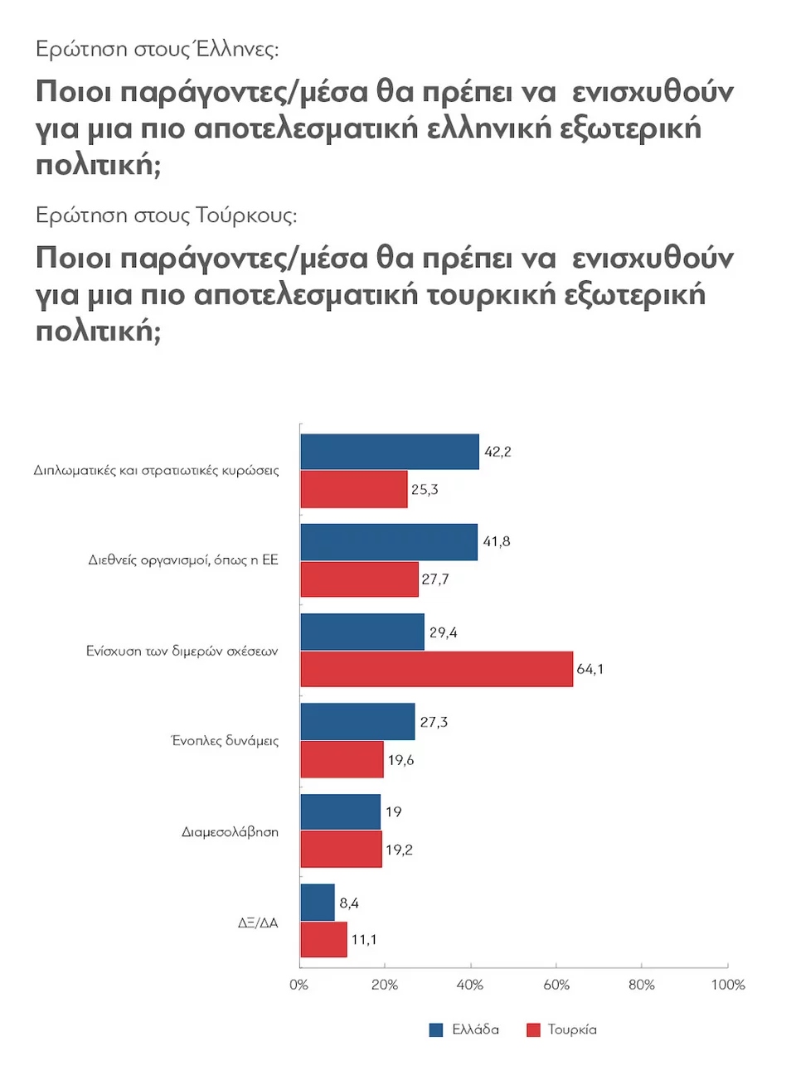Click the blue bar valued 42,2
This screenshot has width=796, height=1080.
389,452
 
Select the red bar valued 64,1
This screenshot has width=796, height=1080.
436,669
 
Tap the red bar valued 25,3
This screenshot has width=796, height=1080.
353,489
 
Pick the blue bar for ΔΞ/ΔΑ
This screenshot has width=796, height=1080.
317,902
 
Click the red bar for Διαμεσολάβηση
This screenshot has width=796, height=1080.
341,850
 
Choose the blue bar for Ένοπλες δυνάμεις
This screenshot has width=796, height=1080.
357,722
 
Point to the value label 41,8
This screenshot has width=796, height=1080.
497,541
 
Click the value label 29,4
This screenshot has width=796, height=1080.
443,632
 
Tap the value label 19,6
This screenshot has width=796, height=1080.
400,760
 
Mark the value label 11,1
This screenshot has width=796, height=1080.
364,939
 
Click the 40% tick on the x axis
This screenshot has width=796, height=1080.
470,985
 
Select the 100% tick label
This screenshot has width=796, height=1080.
728,985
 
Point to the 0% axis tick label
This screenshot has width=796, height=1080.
298,985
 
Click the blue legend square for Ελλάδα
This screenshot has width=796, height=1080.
436,1029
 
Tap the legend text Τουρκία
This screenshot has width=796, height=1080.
572,1029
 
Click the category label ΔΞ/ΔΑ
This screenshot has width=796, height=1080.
258,923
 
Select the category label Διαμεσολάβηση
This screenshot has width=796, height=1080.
230,831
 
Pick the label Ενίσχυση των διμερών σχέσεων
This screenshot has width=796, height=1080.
182,651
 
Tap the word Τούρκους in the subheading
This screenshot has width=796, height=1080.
246,216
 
